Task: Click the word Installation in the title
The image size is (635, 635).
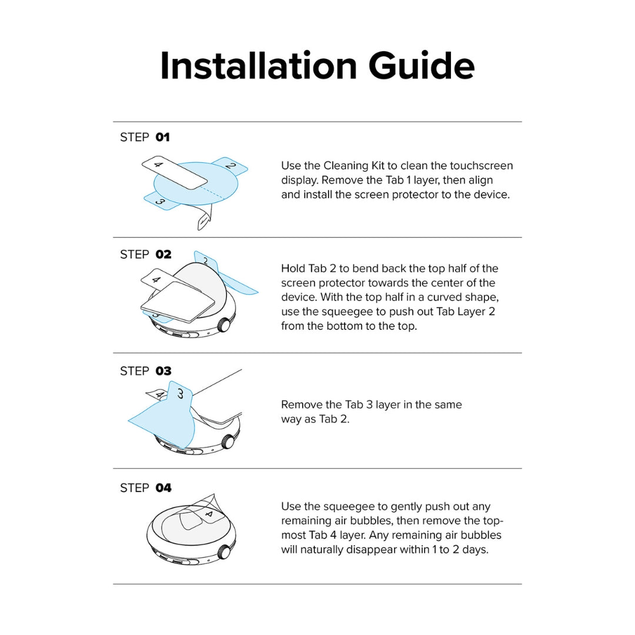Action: click(x=259, y=66)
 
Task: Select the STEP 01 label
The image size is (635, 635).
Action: click(x=145, y=137)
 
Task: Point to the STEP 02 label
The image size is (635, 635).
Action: click(x=145, y=254)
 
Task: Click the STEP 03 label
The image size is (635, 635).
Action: click(x=145, y=371)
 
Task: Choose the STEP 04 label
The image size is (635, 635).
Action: click(x=145, y=487)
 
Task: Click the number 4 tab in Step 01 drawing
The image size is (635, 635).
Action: click(x=171, y=171)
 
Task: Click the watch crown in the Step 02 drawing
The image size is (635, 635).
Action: click(x=223, y=324)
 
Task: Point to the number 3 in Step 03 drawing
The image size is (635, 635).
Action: click(x=180, y=393)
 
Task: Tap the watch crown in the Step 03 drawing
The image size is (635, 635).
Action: click(x=227, y=441)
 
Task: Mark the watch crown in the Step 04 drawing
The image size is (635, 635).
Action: click(x=224, y=552)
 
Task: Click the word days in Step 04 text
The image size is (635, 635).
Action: click(x=476, y=550)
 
